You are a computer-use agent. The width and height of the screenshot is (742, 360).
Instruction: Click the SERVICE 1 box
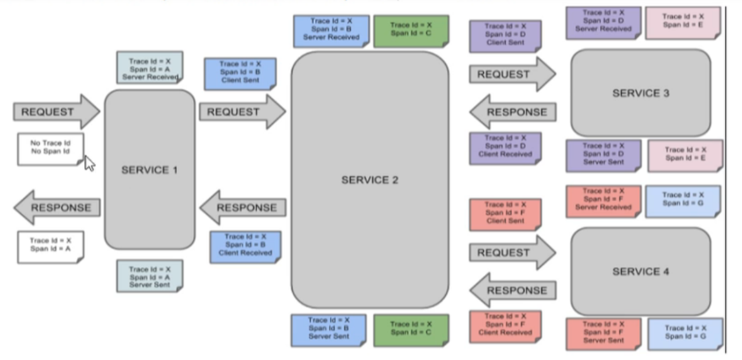[149, 169]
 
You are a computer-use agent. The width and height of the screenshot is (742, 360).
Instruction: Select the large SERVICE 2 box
[370, 179]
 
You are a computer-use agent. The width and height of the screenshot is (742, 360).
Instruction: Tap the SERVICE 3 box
[641, 93]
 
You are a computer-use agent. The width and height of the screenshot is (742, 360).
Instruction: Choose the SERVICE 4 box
[641, 272]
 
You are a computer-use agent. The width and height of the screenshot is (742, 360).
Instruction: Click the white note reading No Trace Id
[50, 149]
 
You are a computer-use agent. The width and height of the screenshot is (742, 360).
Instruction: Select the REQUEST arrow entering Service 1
[55, 112]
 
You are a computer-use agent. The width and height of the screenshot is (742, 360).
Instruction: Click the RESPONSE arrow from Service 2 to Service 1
[242, 208]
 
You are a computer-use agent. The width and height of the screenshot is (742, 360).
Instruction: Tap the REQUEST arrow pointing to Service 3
[512, 75]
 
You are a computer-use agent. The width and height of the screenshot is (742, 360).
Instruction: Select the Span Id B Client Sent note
[240, 73]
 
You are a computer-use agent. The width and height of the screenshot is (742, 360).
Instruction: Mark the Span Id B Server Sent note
[329, 330]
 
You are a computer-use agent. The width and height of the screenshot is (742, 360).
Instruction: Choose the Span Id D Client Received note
[504, 148]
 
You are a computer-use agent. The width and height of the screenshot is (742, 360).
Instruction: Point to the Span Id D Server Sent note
[603, 155]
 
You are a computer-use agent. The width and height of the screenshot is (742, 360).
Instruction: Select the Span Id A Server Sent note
[149, 276]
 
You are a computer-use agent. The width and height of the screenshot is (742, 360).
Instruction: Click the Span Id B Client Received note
[240, 246]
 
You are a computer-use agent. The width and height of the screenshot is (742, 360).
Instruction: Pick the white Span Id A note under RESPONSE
[50, 246]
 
